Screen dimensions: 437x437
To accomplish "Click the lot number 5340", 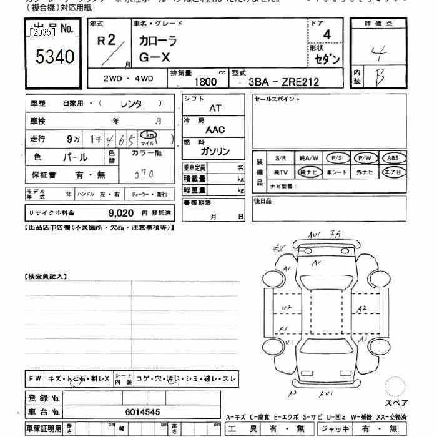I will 55,57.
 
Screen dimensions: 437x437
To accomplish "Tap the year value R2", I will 107,41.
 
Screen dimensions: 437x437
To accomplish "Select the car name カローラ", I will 159,42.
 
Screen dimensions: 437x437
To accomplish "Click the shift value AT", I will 215,108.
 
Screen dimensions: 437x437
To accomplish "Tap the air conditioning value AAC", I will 215,130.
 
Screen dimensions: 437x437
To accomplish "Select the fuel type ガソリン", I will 215,152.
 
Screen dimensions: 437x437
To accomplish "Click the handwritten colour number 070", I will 144,175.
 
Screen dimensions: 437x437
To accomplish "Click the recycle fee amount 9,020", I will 120,213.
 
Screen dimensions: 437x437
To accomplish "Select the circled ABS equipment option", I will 393,159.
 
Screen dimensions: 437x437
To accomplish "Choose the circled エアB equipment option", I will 393,172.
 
